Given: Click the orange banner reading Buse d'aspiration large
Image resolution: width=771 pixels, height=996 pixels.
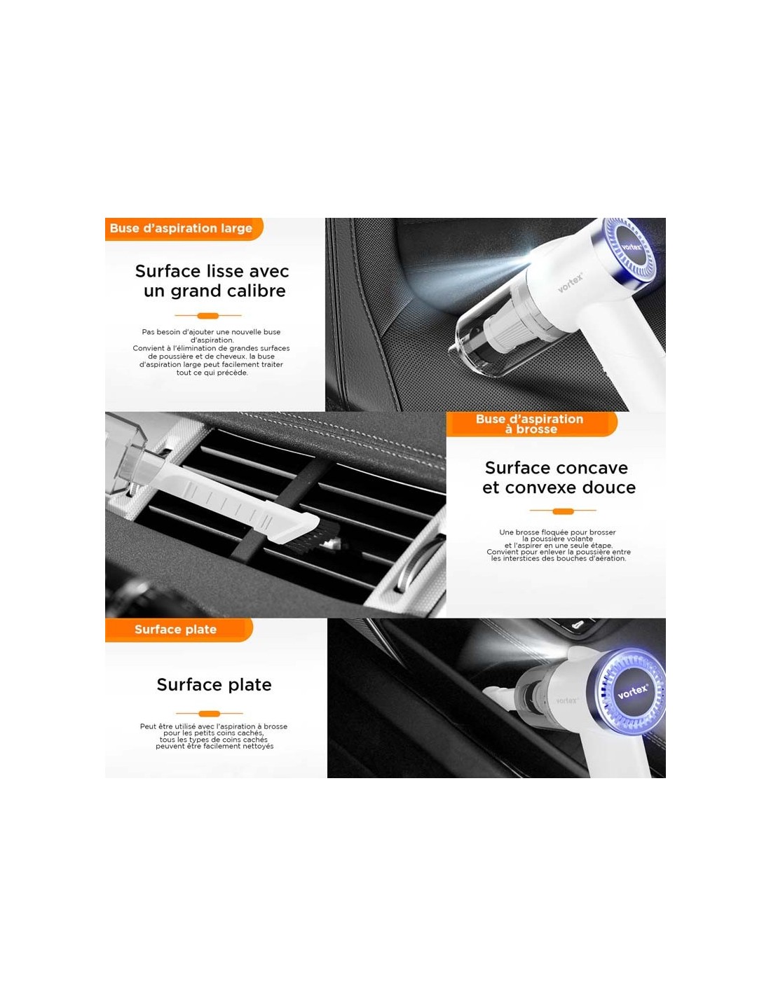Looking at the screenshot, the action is point(184,228).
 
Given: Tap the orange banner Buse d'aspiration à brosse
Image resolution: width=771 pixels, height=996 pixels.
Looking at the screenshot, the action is point(531,424).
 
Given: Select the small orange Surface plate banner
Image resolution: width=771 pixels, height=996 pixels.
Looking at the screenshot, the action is point(179,629).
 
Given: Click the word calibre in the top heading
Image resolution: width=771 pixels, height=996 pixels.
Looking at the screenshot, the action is point(252,291).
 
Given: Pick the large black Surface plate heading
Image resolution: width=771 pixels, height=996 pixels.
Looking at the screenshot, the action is point(214,685).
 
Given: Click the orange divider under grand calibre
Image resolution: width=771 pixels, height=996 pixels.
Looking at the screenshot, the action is point(207,315).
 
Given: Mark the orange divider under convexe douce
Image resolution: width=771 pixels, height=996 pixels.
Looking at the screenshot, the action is point(563,511).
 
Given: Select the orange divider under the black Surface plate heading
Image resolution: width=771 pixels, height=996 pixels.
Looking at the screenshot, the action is point(210,713).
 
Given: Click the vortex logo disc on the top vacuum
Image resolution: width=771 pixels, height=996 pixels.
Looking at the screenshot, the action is point(632,247).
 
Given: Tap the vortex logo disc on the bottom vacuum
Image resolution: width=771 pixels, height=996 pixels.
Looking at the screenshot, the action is point(632,691).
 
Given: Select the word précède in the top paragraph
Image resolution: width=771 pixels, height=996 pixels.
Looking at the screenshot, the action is point(231,373).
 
